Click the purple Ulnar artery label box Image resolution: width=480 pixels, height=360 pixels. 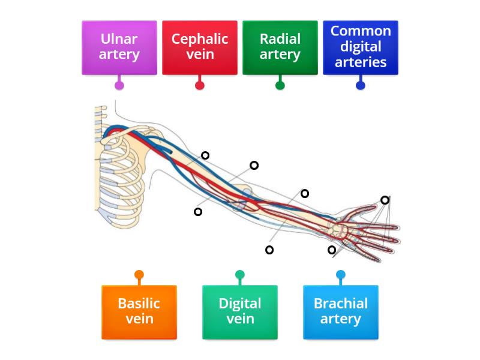(119, 47)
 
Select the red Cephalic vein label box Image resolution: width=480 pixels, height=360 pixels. (200, 47)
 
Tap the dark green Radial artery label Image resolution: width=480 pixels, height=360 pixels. (280, 47)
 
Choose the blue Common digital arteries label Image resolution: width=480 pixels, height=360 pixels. (361, 47)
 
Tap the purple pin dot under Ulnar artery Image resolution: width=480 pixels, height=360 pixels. (119, 85)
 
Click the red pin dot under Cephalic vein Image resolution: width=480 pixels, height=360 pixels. (200, 85)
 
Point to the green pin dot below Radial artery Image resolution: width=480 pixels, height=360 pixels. (280, 85)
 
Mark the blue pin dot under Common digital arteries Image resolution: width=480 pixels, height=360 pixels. (361, 85)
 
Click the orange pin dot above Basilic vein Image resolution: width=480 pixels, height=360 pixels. (139, 275)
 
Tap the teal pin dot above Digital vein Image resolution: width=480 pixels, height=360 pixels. (240, 275)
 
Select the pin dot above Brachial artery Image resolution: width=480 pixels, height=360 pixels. (341, 275)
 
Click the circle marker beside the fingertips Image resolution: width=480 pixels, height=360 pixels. (385, 200)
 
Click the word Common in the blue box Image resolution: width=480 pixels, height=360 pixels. (361, 31)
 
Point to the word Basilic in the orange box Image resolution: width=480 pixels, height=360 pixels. (139, 304)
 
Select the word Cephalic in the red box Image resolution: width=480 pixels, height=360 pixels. (200, 40)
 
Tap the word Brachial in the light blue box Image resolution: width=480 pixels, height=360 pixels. (341, 304)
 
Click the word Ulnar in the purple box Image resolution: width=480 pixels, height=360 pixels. (119, 40)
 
